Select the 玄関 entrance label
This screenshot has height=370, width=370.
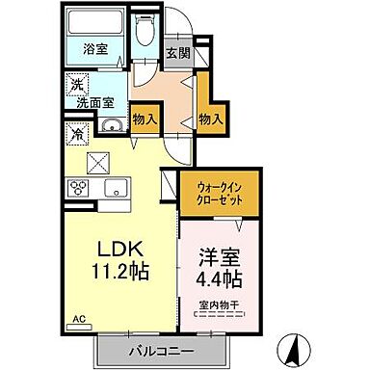(176, 54)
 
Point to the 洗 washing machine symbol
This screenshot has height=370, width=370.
(75, 85)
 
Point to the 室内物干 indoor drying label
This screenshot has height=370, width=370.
(219, 306)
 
